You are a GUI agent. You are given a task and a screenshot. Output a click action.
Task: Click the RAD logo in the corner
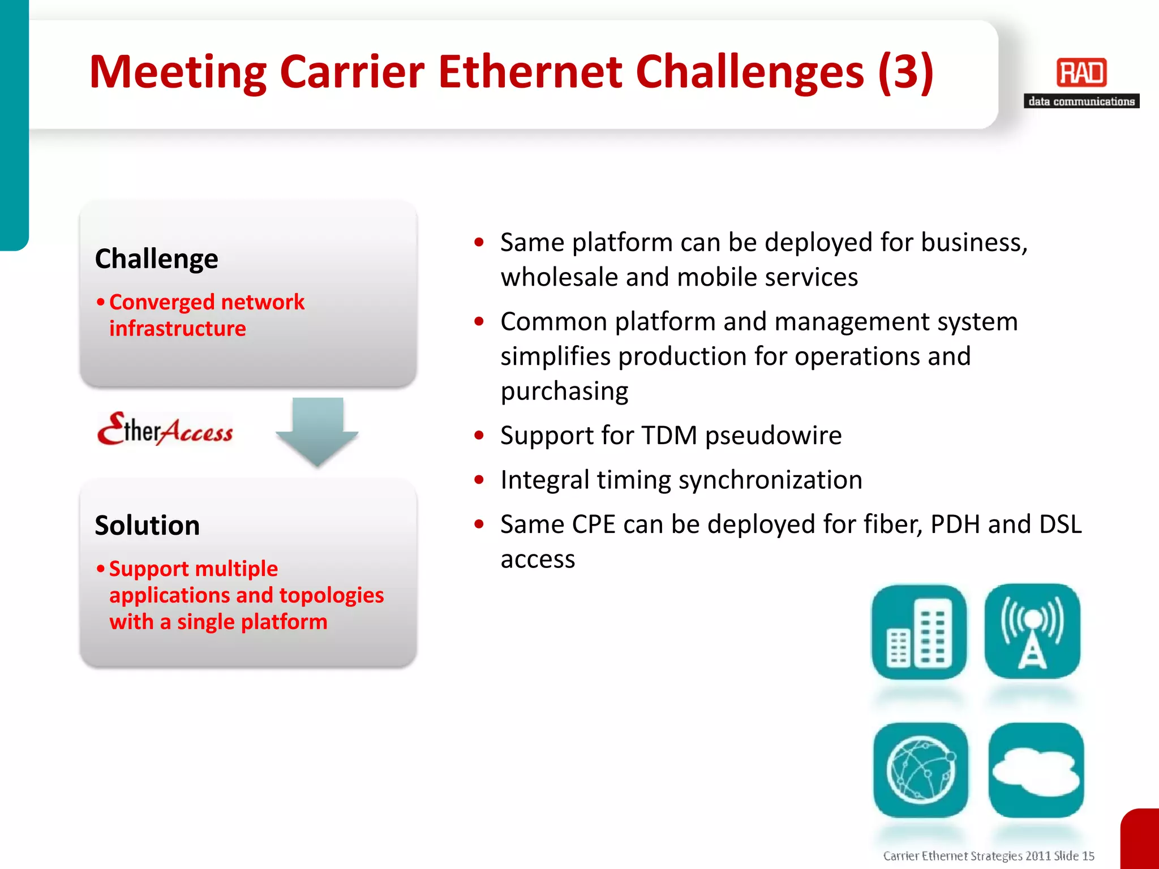tap(1081, 73)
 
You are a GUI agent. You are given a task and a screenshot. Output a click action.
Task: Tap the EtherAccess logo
tap(165, 429)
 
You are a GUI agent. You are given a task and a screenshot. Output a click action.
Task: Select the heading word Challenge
tap(156, 259)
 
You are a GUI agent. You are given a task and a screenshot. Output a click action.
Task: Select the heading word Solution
tap(147, 526)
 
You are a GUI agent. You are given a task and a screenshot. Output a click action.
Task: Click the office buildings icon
tap(919, 632)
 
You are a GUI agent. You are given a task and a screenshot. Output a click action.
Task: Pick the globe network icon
tap(921, 770)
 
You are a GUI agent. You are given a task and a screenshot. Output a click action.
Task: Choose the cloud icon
tap(1036, 770)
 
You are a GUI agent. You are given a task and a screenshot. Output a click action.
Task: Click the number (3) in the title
tap(905, 72)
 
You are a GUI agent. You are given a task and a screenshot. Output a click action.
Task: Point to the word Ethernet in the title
tap(530, 72)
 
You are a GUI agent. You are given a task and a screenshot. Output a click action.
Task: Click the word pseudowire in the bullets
tap(773, 436)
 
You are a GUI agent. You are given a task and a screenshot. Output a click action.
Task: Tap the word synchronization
tap(770, 480)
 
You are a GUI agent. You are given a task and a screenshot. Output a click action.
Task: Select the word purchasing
tap(564, 392)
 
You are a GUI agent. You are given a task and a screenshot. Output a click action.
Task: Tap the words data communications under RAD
tap(1081, 101)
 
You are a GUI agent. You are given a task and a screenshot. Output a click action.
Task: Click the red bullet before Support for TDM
tap(479, 436)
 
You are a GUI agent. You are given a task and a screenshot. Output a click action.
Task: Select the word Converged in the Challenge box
tap(162, 302)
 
